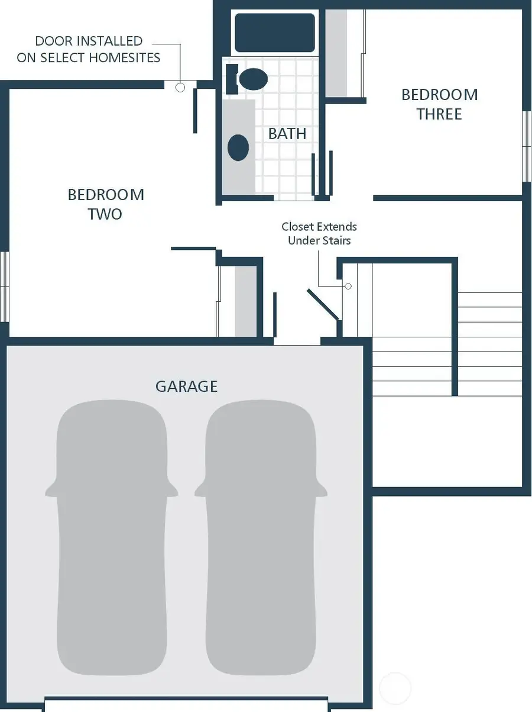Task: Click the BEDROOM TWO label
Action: coord(105,204)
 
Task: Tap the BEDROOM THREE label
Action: coord(439,104)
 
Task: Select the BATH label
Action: coord(287,134)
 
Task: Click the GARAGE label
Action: coord(186,386)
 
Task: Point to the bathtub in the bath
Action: coord(274,33)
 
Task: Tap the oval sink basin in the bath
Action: coord(238,147)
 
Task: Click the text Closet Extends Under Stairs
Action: coord(319,234)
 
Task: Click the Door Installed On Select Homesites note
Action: coord(89,49)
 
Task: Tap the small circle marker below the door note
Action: coord(180,88)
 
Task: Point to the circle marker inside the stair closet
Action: coord(348,286)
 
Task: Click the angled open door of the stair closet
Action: coord(323,305)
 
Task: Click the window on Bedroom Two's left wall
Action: coord(5,286)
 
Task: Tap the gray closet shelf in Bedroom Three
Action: coord(336,53)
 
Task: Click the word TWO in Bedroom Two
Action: coord(105,214)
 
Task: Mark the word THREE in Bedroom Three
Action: coord(439,114)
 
